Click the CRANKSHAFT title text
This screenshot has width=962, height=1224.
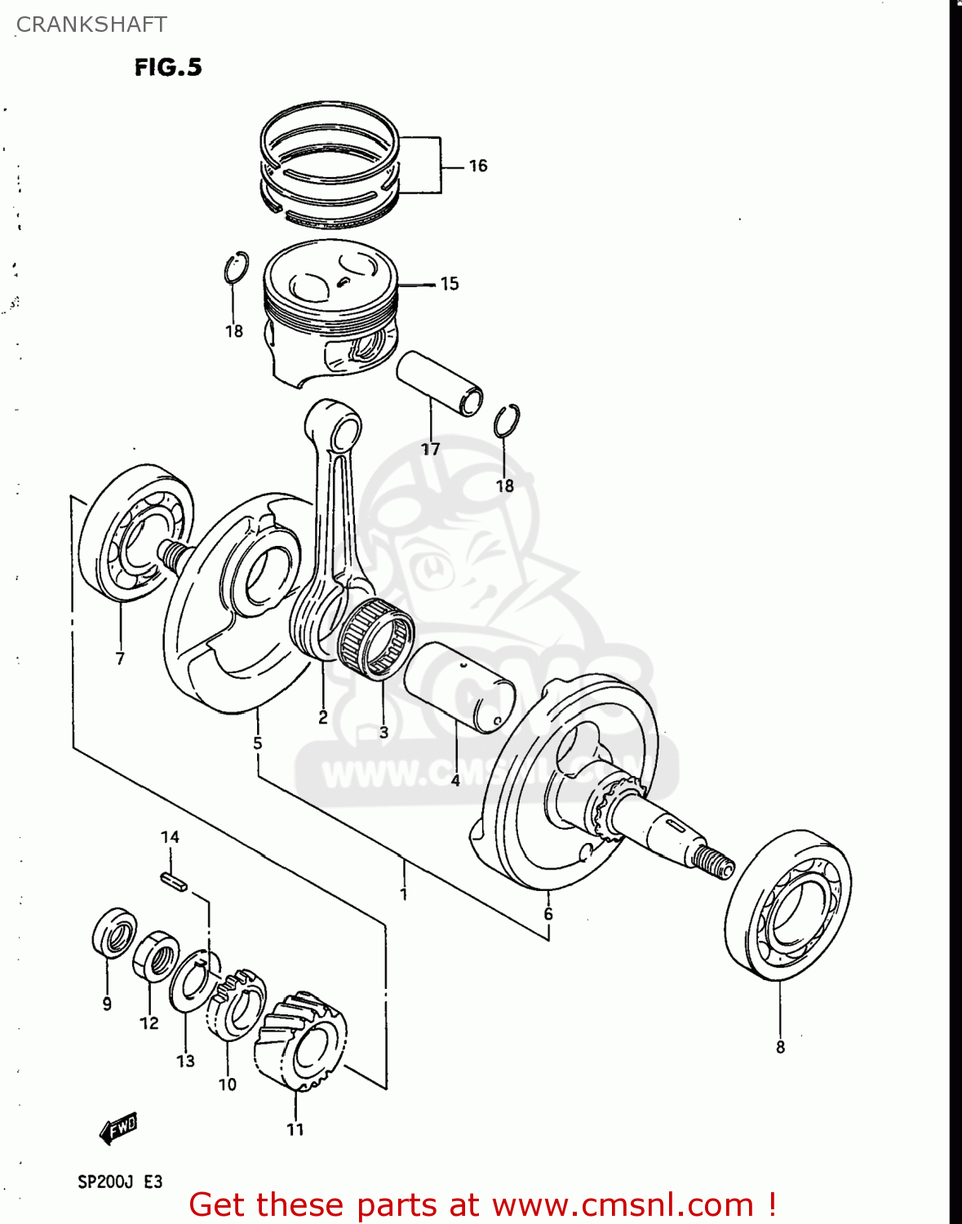91,24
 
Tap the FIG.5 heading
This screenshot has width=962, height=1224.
168,67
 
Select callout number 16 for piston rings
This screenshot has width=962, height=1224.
477,166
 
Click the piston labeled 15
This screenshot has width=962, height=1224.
330,310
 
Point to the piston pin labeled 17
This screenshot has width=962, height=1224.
439,382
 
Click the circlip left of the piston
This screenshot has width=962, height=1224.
236,268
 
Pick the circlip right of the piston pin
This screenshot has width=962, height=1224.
507,421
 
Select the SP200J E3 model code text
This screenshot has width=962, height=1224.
120,1182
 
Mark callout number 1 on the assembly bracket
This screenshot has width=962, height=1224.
403,894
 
